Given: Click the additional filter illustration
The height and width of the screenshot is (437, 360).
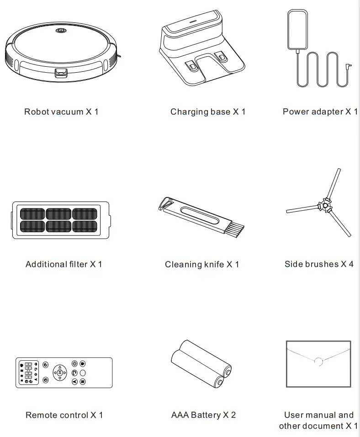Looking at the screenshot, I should [x=60, y=219].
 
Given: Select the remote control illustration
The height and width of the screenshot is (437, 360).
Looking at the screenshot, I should [x=64, y=373].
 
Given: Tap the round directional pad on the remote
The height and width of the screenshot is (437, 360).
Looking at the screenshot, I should [x=59, y=373].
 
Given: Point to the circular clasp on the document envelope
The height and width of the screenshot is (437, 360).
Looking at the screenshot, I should [x=319, y=362].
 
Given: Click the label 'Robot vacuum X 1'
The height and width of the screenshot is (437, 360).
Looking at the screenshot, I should [x=61, y=112].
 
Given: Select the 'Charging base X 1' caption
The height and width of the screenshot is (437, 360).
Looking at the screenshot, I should [x=208, y=112].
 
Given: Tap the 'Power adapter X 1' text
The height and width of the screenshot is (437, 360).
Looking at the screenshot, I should [x=320, y=112].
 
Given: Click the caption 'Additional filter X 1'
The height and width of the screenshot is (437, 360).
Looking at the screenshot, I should [x=64, y=264].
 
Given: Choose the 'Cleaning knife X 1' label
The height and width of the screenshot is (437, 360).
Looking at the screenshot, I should [x=202, y=264].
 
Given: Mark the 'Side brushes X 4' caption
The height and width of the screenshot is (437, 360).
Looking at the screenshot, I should [x=319, y=264].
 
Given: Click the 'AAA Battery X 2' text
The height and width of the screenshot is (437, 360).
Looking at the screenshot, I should [x=203, y=415].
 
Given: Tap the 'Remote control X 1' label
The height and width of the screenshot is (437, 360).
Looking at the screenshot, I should [x=64, y=415].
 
